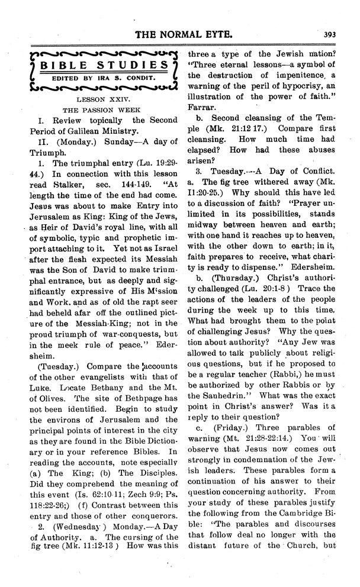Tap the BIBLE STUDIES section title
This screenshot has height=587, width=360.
98,64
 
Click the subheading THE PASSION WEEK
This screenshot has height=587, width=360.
98,111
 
